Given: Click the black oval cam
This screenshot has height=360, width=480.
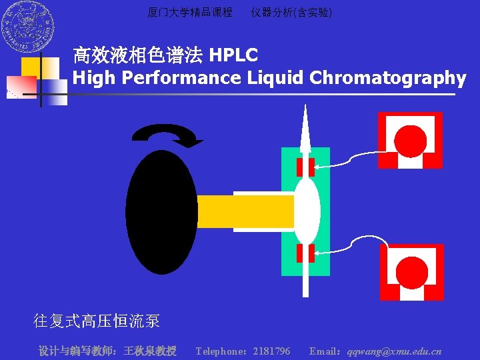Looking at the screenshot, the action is (161, 212).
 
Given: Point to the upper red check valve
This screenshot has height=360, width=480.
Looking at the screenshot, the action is (305, 167).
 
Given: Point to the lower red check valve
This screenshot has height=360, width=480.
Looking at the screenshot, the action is (305, 253).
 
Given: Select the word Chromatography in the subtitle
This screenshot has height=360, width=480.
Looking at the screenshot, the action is (387, 78).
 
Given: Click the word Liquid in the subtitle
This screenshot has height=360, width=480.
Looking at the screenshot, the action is (275, 78).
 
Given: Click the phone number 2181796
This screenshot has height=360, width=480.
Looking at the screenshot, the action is (271, 351).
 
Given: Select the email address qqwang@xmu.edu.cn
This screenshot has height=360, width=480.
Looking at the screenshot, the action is (393, 351).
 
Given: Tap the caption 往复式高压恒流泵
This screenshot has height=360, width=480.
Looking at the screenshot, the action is (97, 321).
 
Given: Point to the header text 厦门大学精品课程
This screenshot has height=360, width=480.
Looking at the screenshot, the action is (190, 12).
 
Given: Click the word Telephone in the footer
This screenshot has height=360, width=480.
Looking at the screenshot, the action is (221, 351).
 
